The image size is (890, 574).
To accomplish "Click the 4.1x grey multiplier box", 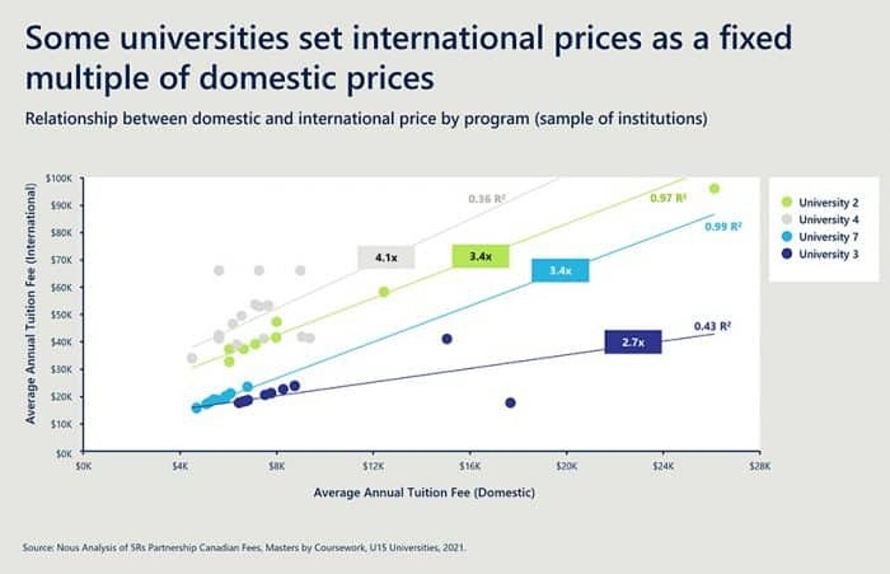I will coord(386,257).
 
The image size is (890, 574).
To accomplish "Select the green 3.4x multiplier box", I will coord(480,256).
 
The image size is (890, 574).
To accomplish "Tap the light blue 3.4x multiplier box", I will coord(560,270).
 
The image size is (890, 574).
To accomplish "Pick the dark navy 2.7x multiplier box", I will coord(633,342).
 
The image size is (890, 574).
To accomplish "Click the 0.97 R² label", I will coord(668,199).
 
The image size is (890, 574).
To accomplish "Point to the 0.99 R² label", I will coord(723,227).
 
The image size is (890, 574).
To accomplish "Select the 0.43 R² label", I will coord(712,326).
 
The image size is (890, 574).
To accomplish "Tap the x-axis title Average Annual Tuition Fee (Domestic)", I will coord(424,493).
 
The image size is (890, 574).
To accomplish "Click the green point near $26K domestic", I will coord(714,189).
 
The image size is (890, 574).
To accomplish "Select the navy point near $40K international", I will coord(447,339).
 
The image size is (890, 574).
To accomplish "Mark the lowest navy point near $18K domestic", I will coord(510,403).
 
